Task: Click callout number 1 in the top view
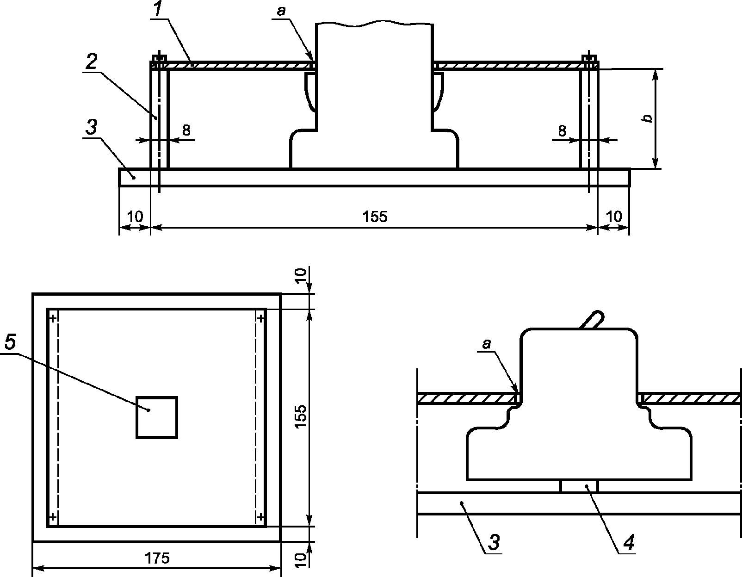pos(158,10)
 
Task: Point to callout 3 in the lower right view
pos(495,543)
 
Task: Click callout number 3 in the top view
pos(92,127)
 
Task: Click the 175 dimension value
pos(157,558)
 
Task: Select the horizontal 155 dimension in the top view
pos(375,217)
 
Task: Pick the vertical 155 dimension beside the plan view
pos(300,417)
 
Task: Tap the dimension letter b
pos(649,118)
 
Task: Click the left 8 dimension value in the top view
pos(186,130)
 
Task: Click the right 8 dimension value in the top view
pos(562,131)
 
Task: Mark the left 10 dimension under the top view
pos(135,217)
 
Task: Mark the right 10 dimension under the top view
pos(614,217)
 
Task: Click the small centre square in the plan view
pos(157,417)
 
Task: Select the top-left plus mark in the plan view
pos(53,318)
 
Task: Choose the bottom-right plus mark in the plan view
pos(260,516)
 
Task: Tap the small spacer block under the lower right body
pos(579,486)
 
